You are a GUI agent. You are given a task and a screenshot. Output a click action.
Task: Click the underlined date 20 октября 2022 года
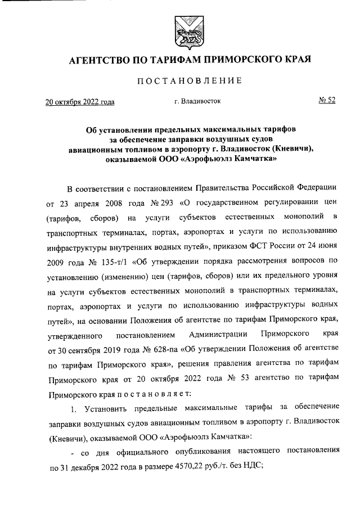79,102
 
